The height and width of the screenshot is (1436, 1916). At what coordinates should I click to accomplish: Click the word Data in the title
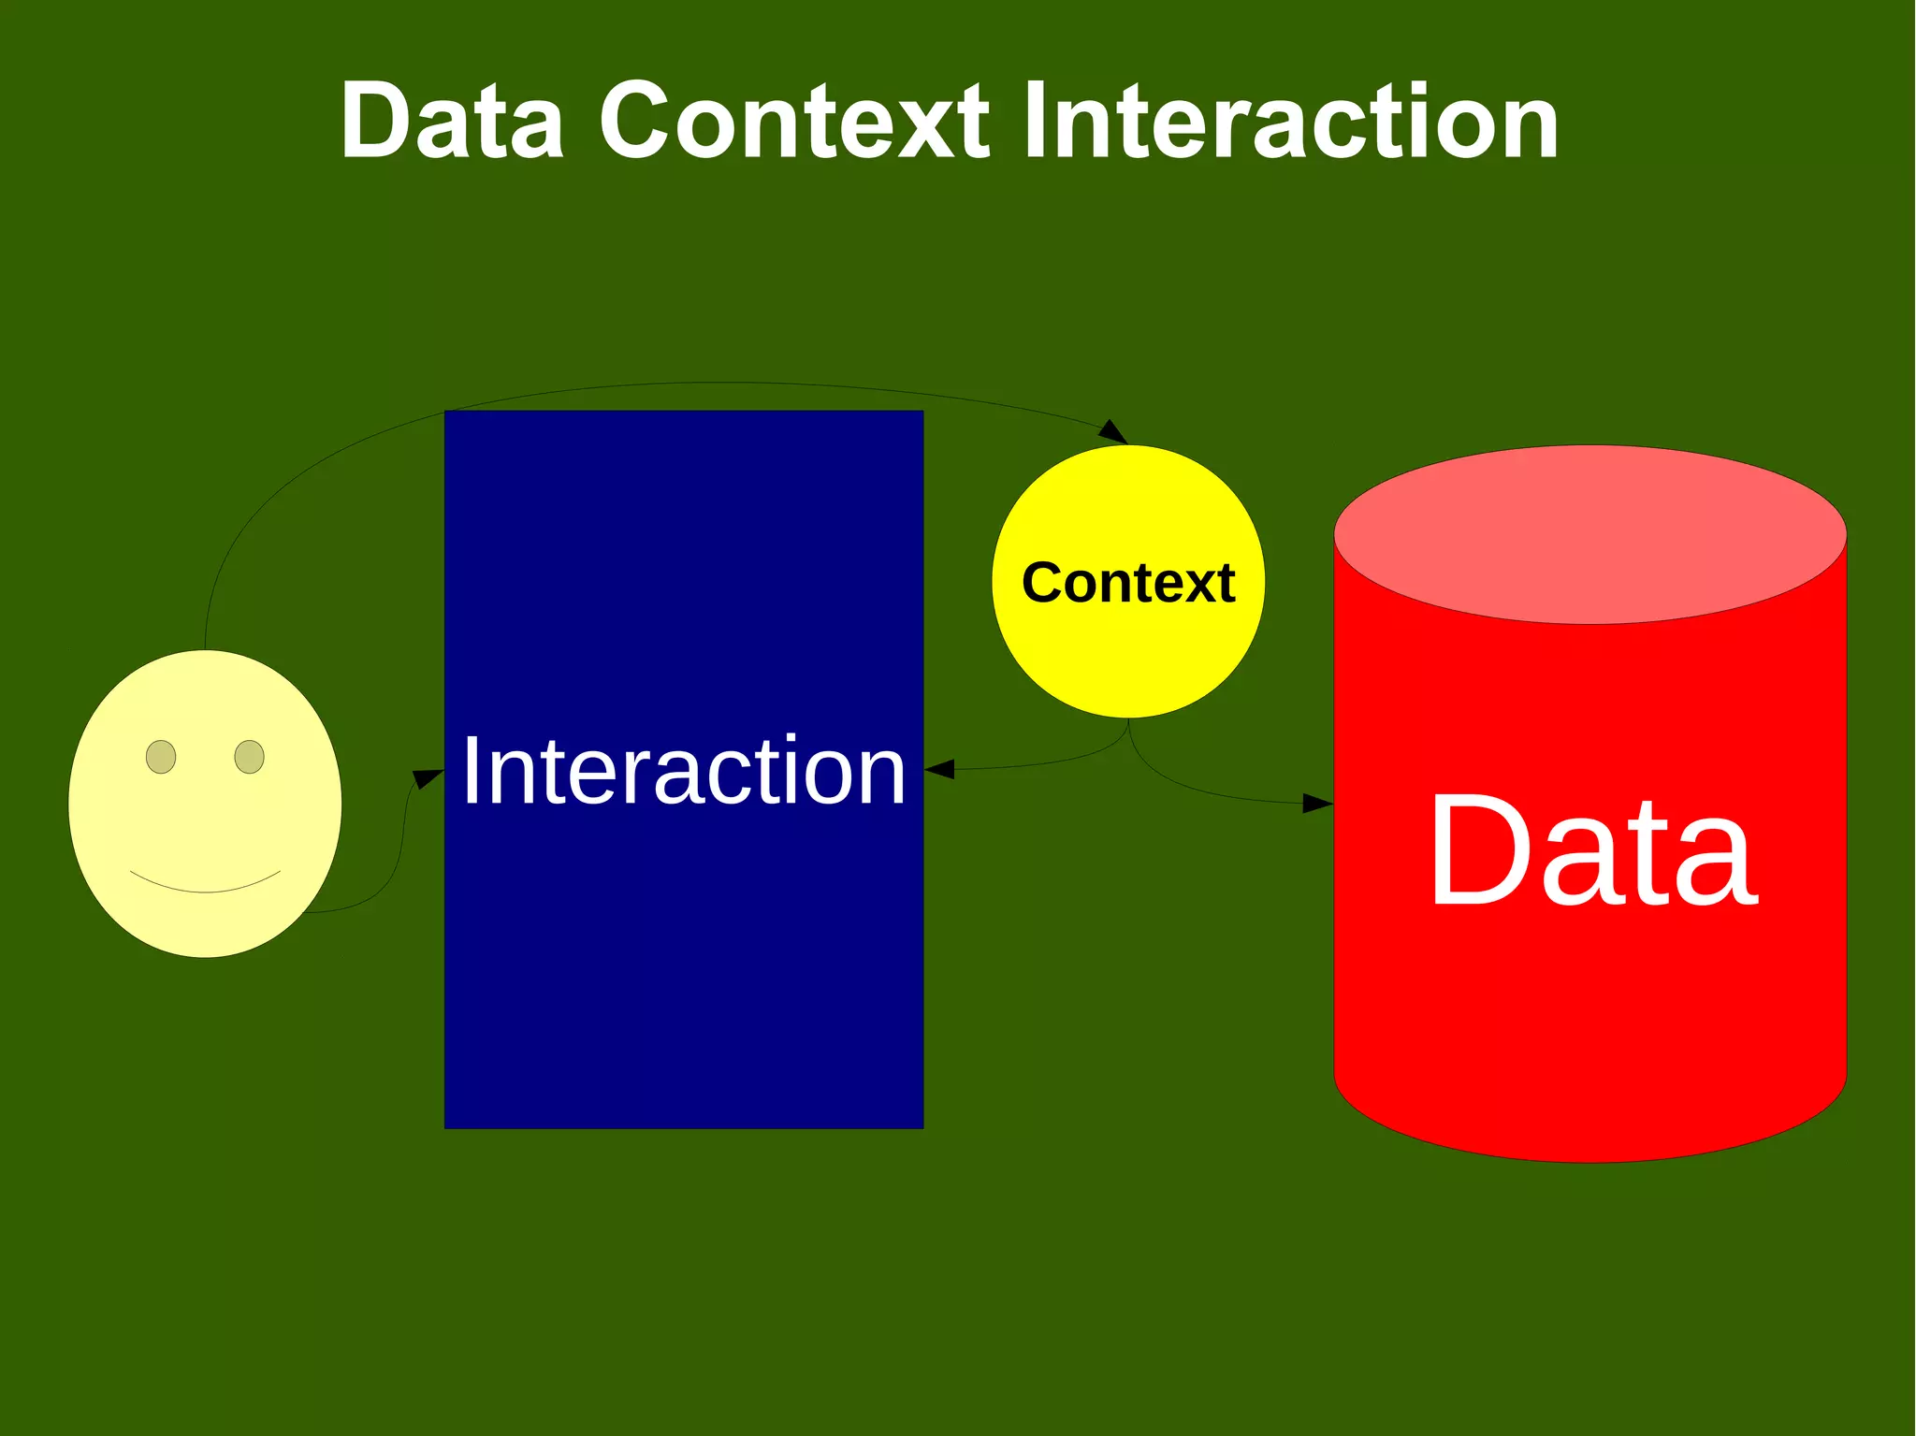tap(453, 122)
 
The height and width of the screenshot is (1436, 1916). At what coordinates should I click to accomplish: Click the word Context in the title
tap(793, 122)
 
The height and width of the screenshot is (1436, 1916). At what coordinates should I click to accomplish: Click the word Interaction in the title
tap(1291, 122)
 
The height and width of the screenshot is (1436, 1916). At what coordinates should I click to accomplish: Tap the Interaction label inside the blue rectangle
tap(683, 771)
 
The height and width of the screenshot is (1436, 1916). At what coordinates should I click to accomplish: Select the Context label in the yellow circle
tap(1128, 583)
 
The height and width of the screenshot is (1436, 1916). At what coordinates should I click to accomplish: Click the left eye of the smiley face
tap(161, 756)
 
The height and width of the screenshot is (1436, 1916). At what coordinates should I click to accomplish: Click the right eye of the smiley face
tap(249, 756)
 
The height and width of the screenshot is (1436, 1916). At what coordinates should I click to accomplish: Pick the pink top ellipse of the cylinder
tap(1589, 534)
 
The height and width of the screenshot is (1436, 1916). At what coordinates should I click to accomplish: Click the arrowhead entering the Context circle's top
tap(1113, 432)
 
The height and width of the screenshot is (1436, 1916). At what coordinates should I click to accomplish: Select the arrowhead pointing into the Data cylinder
tap(1317, 803)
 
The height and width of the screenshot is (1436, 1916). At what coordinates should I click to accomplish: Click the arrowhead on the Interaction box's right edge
tap(939, 770)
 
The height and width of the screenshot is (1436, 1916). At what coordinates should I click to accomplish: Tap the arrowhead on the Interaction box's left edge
tap(428, 777)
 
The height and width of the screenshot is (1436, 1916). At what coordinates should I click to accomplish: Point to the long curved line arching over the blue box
tap(711, 383)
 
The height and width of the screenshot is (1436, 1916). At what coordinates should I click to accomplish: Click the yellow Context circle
tap(1128, 655)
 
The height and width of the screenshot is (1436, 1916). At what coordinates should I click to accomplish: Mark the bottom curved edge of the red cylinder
tap(1589, 1160)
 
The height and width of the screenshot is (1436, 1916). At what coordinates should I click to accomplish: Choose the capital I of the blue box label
tap(471, 771)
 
